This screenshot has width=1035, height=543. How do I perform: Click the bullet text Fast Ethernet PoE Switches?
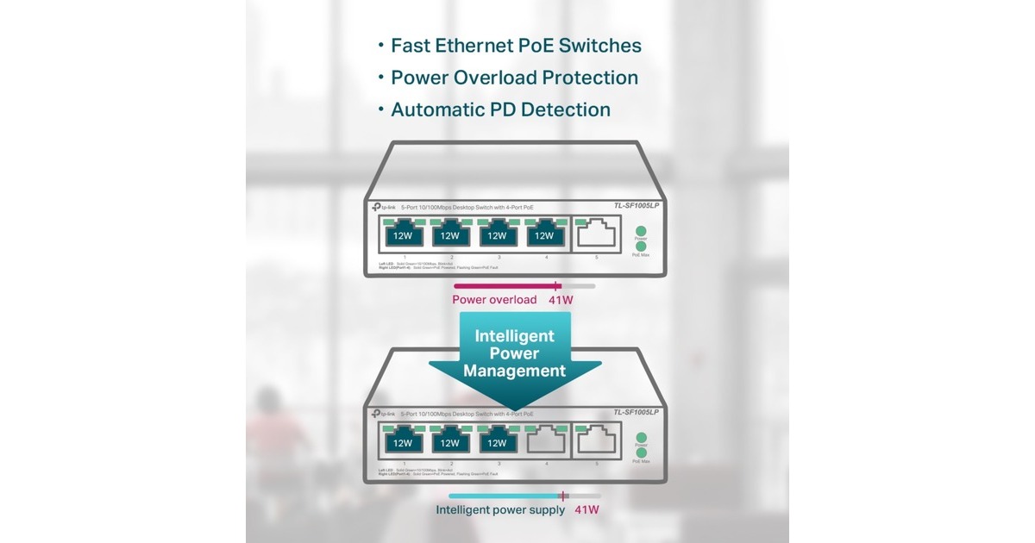(516, 46)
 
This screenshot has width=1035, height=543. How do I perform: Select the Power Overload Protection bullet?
(514, 78)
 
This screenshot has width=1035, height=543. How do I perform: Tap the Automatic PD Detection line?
(500, 109)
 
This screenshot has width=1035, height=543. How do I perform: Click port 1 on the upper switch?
(403, 234)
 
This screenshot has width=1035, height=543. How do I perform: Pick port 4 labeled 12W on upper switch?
(543, 234)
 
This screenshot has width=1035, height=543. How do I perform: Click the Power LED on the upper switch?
(641, 230)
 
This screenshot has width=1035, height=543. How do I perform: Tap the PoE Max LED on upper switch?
(641, 247)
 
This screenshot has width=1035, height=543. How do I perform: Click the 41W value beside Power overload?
(561, 300)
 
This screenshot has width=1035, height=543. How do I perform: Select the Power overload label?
(494, 300)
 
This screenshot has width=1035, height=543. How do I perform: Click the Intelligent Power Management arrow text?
(514, 353)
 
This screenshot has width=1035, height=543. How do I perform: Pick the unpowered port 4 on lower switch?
(543, 441)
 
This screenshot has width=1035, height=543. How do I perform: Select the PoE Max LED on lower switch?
(641, 452)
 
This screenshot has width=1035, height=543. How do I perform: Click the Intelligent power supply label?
(500, 509)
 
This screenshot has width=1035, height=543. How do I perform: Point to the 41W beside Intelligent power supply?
(586, 509)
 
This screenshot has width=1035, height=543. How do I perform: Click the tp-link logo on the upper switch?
(384, 207)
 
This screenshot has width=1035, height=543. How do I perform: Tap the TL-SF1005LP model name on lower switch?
(636, 413)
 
